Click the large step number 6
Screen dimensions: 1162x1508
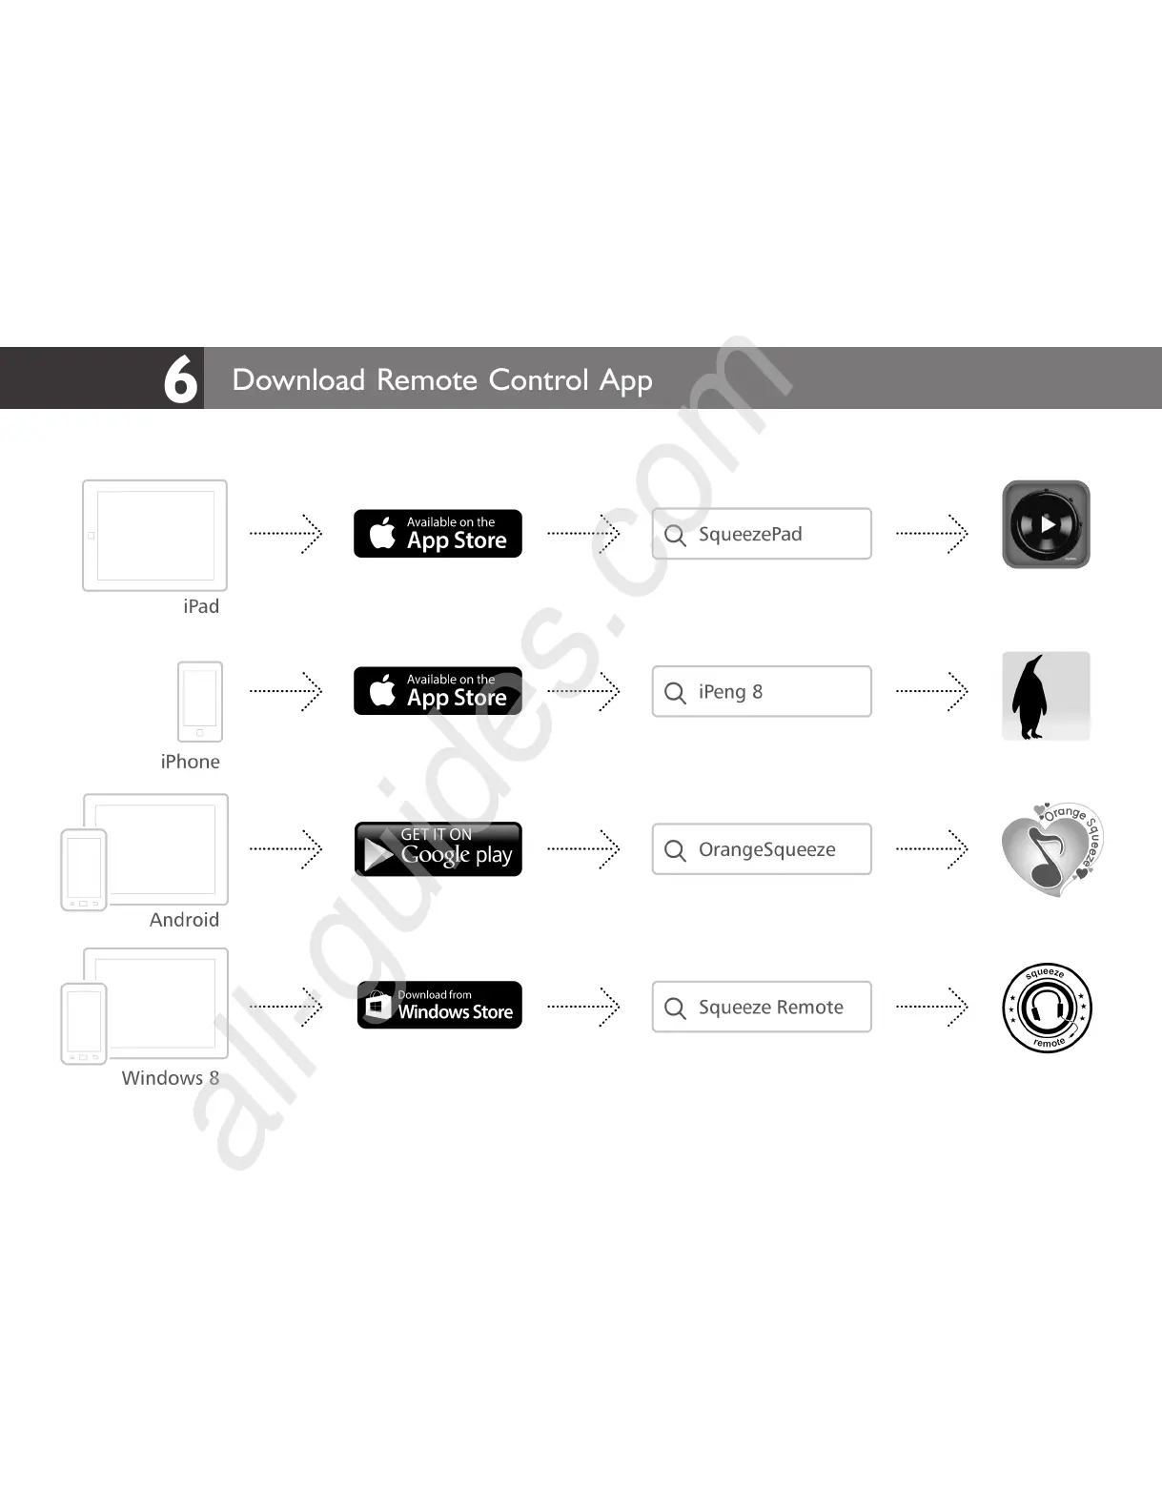pos(180,378)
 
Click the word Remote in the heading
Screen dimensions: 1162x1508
pos(426,379)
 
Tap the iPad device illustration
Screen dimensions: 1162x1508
pos(154,535)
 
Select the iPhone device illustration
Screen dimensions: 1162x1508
pos(200,701)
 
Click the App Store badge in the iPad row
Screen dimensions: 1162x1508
pos(438,534)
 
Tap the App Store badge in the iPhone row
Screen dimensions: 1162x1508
pos(438,691)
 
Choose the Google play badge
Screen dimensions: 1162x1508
pos(438,848)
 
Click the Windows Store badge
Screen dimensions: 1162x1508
pos(439,1005)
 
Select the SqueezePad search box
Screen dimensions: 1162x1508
pos(762,534)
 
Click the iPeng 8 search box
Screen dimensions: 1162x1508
pos(762,691)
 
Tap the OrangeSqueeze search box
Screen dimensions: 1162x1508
pos(762,848)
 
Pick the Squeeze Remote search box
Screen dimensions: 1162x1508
pos(762,1007)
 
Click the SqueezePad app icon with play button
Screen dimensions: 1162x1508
pos(1046,524)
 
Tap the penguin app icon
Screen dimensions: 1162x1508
pos(1046,696)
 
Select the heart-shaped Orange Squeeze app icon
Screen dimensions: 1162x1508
pos(1050,848)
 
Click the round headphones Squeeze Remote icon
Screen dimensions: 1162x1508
pos(1047,1008)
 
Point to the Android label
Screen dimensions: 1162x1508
pos(184,920)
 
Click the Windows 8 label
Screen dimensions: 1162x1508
pos(171,1078)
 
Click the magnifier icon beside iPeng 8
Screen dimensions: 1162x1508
pos(675,692)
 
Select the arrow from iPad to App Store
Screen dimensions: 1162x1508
pos(286,534)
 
